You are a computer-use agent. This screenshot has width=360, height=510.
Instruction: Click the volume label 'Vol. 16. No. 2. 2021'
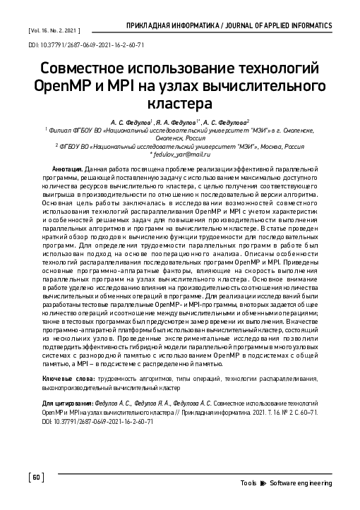[53, 32]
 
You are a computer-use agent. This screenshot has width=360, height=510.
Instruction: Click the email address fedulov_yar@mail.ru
[181, 155]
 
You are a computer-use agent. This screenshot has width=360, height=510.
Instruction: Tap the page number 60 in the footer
[37, 478]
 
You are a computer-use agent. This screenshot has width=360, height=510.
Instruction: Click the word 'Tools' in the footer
[248, 482]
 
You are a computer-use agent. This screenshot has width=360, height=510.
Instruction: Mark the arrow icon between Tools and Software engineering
[263, 482]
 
